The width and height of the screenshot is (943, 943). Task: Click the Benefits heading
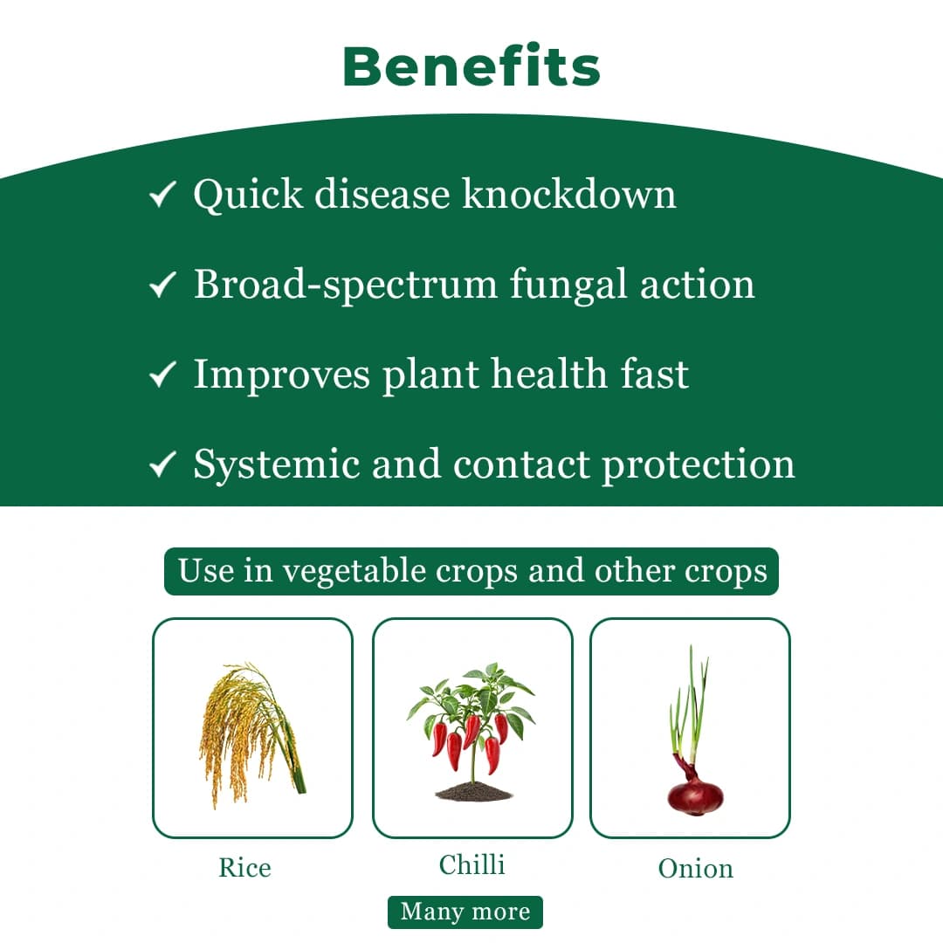[471, 66]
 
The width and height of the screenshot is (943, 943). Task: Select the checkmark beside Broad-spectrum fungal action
[163, 285]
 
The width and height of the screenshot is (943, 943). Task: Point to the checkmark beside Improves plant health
[163, 375]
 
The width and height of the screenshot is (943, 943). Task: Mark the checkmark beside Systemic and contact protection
[163, 465]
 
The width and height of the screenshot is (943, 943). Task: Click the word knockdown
[568, 194]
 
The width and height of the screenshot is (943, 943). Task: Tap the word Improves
[281, 375]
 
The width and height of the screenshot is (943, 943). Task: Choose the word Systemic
[276, 465]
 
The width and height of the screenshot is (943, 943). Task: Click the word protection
[699, 465]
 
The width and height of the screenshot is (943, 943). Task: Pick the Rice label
[244, 868]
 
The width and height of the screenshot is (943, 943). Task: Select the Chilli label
[471, 865]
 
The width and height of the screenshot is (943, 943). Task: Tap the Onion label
[695, 869]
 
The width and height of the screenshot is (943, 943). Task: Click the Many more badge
[465, 912]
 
